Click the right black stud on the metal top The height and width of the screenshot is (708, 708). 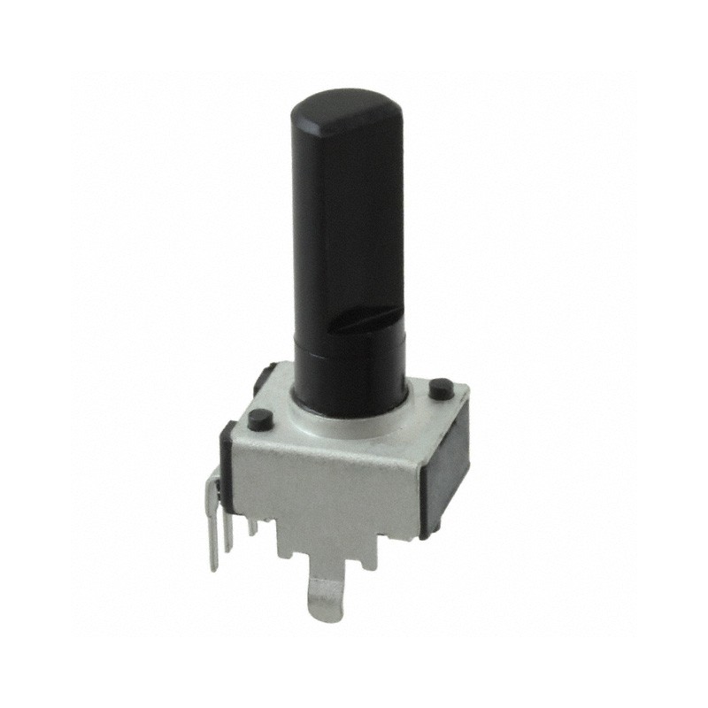437,388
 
